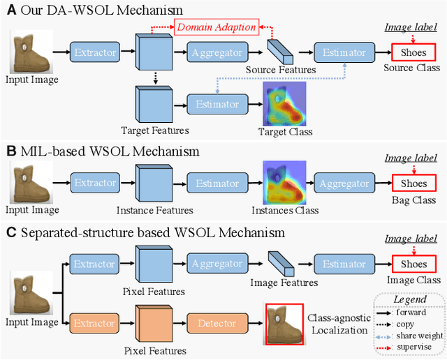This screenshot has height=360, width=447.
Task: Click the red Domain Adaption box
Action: (x=217, y=28)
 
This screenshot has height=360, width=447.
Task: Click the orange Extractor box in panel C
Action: (x=95, y=324)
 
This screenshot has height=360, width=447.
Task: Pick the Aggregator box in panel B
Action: (x=344, y=183)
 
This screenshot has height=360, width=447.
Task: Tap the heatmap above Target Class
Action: (x=285, y=104)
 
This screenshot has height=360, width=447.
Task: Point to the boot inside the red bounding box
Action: (x=284, y=324)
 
